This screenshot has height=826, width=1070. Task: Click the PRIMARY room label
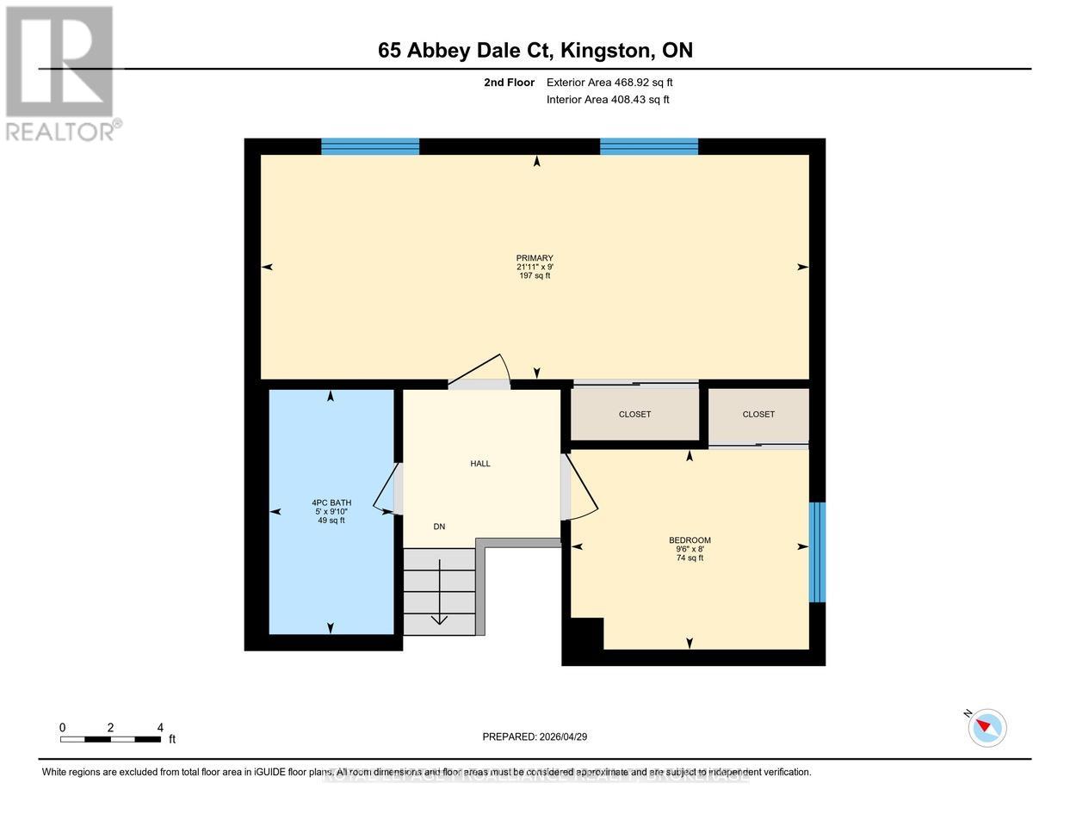coord(534,258)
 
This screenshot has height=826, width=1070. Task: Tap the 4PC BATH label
coord(331,502)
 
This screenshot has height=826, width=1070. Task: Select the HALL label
coord(479,464)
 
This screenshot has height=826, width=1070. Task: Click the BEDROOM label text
coord(690,540)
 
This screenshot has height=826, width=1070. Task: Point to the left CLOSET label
coord(634,415)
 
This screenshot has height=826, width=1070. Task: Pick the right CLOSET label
coord(758,415)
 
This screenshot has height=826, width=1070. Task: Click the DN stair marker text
coord(439,527)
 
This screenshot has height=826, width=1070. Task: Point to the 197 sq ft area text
coord(534,276)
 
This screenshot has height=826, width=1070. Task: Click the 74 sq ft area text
coord(690,558)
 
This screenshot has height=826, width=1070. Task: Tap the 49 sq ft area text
coord(331,521)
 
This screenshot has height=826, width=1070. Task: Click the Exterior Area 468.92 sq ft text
coord(609,83)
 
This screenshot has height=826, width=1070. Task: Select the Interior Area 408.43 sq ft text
coord(608,100)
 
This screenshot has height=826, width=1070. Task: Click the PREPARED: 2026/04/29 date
coord(535,737)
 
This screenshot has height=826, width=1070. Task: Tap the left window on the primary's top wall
coord(370,146)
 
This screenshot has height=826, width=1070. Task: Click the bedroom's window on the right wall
coord(818,552)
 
